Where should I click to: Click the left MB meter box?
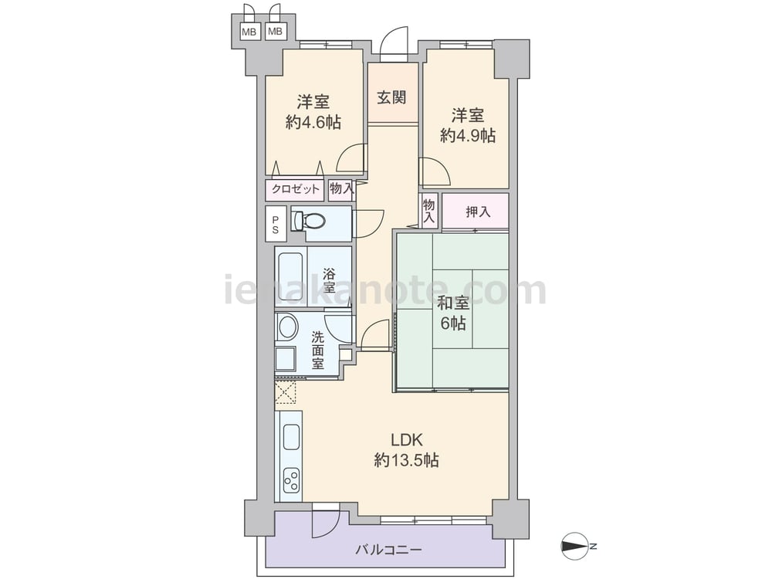249,32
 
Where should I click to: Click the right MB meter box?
276,32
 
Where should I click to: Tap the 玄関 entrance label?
392,97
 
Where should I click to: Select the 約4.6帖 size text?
313,122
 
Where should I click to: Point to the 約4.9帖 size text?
469,135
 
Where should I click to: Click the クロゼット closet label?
295,189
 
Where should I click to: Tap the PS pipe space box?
276,224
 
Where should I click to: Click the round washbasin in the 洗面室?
287,327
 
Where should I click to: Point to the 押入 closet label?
478,212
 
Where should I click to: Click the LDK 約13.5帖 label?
407,450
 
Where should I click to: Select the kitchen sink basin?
291,436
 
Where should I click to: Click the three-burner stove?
291,479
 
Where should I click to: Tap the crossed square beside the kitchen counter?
286,392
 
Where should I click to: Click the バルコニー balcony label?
389,550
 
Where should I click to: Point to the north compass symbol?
577,546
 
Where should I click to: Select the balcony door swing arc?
326,524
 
